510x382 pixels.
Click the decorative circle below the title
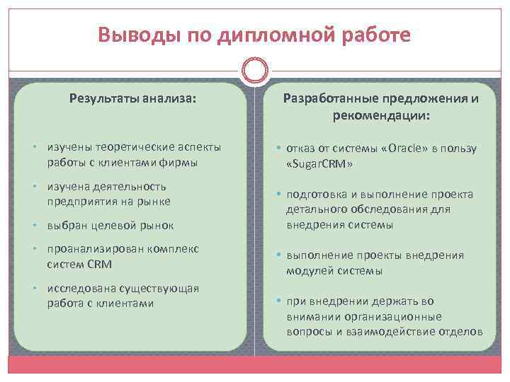point(254,70)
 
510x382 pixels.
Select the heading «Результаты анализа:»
point(132,98)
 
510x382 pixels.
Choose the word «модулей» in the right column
point(308,270)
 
